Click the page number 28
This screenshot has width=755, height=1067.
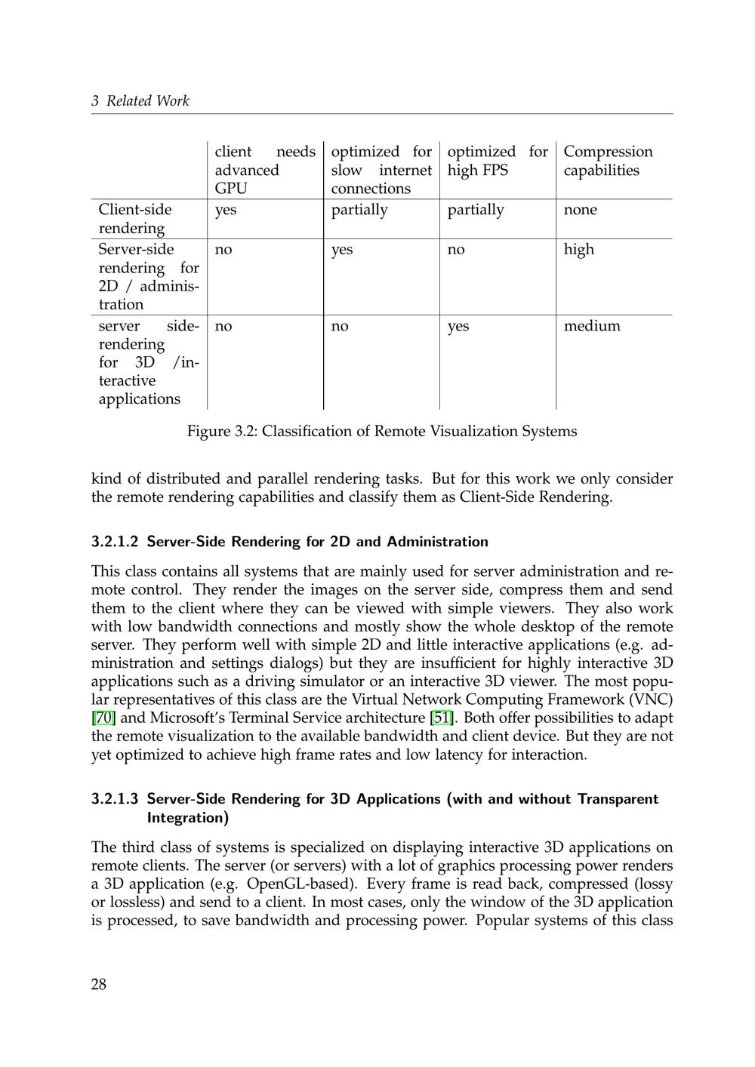pos(99,984)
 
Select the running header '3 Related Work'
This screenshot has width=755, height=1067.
pos(140,101)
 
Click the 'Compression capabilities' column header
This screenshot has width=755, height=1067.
pos(608,161)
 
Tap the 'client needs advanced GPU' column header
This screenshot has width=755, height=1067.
pos(265,170)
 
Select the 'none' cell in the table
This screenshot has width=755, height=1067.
pos(580,210)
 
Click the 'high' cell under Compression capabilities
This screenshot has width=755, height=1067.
pos(578,250)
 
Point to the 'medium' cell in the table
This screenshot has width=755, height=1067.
pos(592,326)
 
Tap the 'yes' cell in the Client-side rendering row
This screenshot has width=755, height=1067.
pos(226,210)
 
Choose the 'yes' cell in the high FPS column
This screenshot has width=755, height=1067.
pos(458,326)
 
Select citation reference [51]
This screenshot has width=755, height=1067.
pos(442,718)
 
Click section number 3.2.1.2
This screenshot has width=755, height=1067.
pos(115,542)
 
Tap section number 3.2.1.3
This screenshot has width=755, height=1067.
pos(115,799)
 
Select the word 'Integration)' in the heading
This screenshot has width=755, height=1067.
pos(188,818)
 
